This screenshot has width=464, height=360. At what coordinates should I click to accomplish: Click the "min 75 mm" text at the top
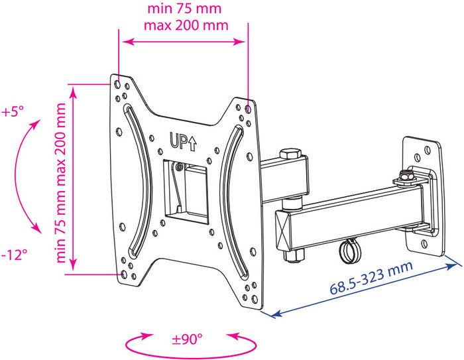click(184, 9)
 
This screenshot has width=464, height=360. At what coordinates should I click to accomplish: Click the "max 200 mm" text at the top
click(186, 25)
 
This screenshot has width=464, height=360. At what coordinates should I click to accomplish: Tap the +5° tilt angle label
click(13, 112)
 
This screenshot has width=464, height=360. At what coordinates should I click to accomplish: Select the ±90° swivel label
click(188, 339)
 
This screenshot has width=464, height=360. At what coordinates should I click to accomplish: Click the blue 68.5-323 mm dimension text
click(371, 278)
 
